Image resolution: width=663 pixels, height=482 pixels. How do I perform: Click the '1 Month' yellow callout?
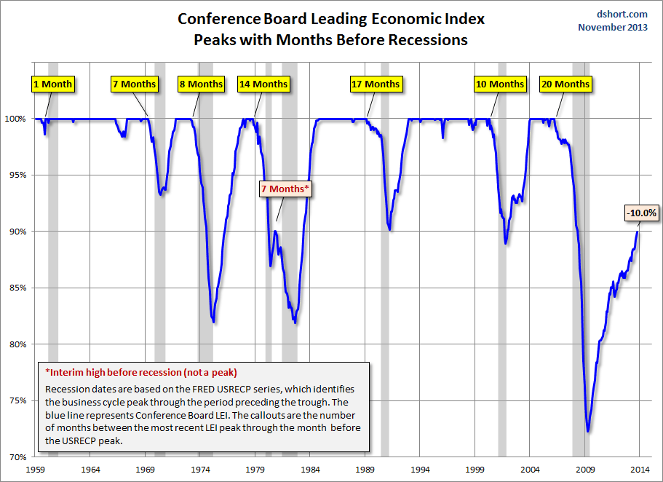(53, 84)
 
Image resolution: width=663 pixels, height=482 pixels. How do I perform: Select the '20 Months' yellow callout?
(565, 84)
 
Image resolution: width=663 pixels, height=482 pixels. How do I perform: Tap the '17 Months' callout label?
(376, 84)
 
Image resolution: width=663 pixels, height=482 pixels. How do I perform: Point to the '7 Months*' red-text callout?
(285, 189)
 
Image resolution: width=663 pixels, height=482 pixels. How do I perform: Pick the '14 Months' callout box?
(263, 84)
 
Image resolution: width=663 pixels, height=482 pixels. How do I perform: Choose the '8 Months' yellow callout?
(201, 84)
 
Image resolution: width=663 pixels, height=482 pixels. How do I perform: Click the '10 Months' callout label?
(499, 84)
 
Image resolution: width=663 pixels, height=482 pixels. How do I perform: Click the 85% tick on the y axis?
(19, 288)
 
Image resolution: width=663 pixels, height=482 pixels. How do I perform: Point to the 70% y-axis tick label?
(19, 457)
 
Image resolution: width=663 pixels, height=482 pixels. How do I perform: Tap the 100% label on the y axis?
(17, 119)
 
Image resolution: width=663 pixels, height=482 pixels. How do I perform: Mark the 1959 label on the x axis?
(36, 470)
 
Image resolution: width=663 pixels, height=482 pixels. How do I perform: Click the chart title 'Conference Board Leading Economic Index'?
(331, 18)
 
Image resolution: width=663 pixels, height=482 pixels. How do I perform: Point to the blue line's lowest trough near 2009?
(587, 432)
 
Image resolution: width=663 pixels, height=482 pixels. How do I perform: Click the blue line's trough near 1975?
(213, 322)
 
